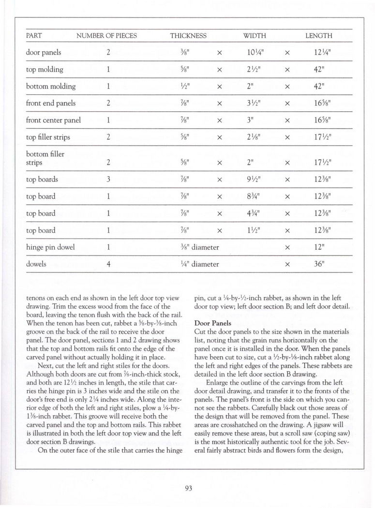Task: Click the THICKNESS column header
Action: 188,36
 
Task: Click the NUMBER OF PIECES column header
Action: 106,36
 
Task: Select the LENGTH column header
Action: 318,36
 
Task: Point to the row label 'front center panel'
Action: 53,120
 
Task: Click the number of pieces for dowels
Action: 109,264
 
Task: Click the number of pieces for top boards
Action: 109,179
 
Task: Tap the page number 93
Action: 189,488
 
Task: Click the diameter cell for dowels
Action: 195,264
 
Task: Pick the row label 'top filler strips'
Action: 48,137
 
